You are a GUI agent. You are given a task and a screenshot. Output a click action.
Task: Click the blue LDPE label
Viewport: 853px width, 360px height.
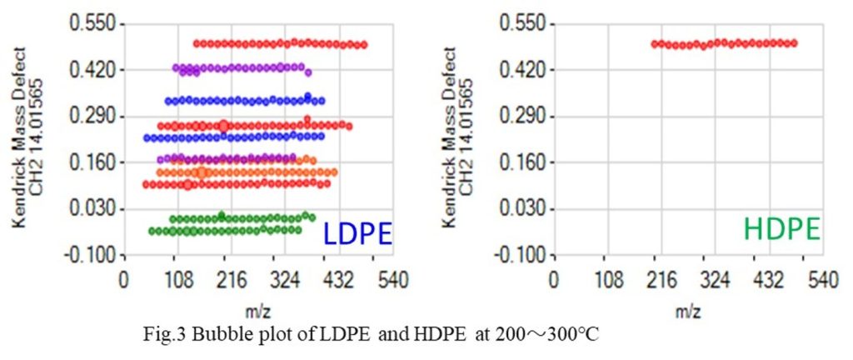pos(357,233)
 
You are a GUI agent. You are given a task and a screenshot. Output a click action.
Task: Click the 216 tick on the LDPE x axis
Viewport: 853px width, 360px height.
pos(225,278)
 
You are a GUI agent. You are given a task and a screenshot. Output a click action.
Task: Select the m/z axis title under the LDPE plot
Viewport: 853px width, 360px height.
pos(252,311)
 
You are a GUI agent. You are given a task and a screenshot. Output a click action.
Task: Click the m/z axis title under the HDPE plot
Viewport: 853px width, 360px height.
pos(687,311)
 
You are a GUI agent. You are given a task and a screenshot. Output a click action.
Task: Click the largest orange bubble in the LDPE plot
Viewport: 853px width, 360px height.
pos(202,172)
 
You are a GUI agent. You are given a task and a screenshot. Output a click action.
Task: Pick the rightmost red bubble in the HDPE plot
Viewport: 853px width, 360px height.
pos(794,42)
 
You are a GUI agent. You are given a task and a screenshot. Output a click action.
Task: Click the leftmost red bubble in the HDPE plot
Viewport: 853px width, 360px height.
pos(656,43)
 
